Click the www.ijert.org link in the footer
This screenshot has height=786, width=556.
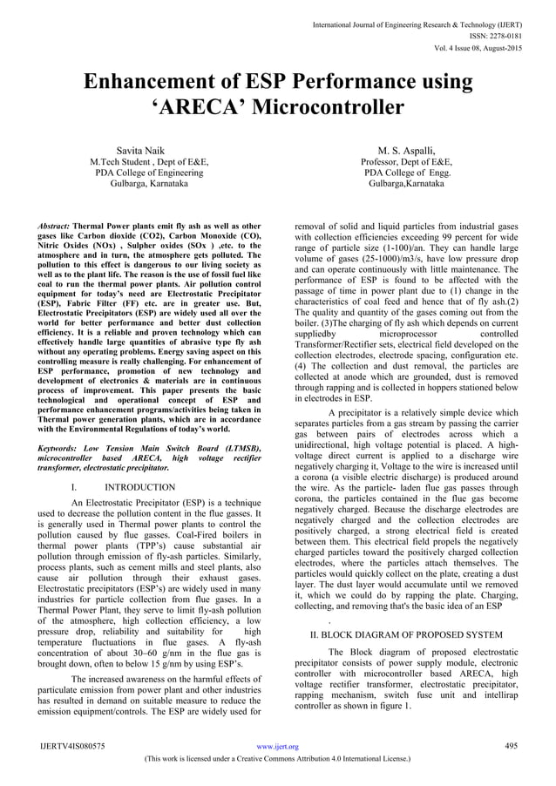click(280, 746)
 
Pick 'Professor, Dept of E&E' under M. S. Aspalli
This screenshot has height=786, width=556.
click(410, 162)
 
